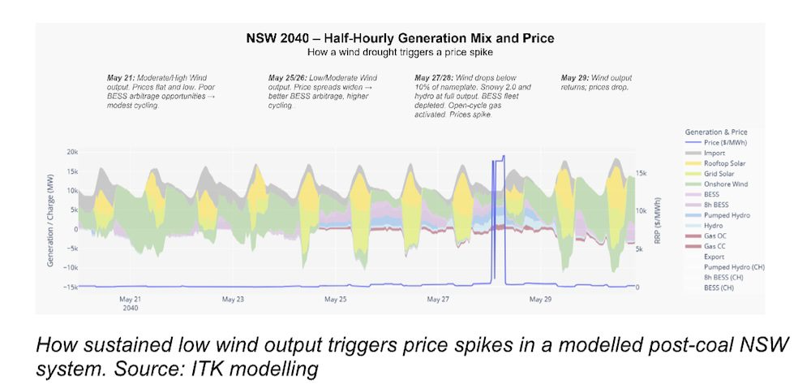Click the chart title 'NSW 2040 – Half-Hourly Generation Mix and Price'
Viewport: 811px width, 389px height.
[x=400, y=38]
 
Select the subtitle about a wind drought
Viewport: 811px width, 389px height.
[x=400, y=51]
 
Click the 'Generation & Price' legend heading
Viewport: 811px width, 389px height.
[x=716, y=131]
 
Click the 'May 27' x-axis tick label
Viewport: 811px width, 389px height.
[x=438, y=299]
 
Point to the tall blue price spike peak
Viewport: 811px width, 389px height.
[x=504, y=156]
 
